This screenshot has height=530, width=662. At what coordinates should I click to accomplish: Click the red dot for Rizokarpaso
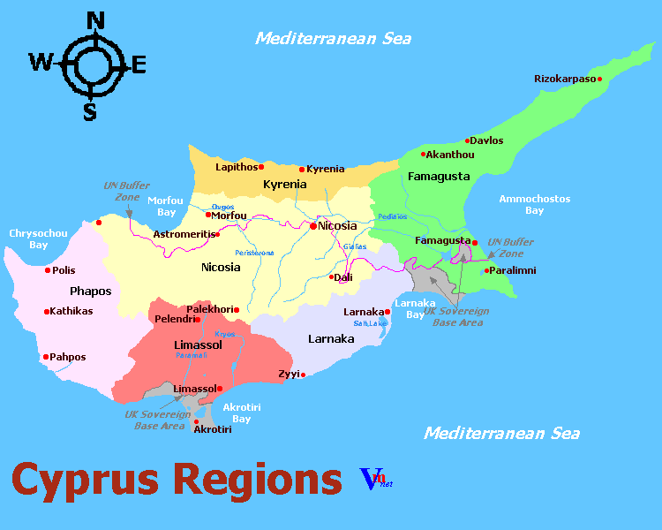coord(599,79)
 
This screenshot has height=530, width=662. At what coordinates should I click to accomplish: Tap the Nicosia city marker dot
coord(312,226)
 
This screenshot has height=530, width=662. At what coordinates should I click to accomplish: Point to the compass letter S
coord(89,111)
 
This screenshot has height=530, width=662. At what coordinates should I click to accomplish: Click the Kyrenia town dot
coord(302,169)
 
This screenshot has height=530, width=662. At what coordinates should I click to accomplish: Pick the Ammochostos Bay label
coord(534,205)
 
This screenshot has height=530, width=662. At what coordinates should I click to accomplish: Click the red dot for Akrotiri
coord(196,421)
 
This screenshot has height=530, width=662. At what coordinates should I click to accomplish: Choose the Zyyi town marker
coord(303,375)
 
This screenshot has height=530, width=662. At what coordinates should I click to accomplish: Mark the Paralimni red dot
coord(486,270)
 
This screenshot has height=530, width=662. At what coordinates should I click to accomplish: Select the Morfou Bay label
coord(165,206)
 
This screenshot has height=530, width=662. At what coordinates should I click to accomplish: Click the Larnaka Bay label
coord(415,308)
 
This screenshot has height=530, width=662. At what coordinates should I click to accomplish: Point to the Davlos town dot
coord(468,140)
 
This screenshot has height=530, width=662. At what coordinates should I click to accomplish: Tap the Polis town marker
coord(49,270)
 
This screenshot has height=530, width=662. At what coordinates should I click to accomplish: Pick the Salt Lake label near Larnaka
coord(371,323)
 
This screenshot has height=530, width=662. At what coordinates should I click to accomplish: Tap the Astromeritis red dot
coord(218,234)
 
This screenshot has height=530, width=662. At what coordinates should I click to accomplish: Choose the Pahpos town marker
coord(46,357)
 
